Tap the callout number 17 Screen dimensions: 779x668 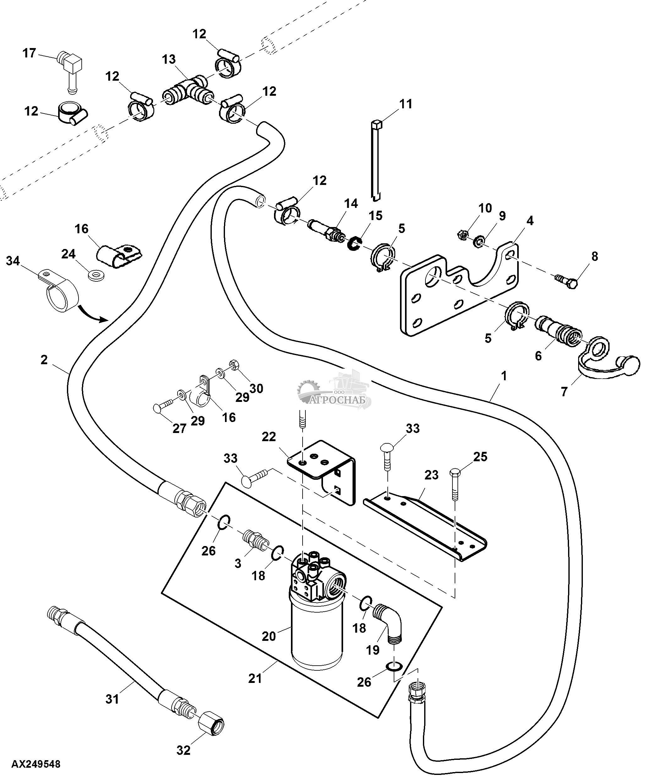coord(29,53)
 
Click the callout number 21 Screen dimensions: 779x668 coord(255,679)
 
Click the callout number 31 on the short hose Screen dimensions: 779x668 coord(112,699)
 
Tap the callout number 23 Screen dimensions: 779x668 coord(431,475)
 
